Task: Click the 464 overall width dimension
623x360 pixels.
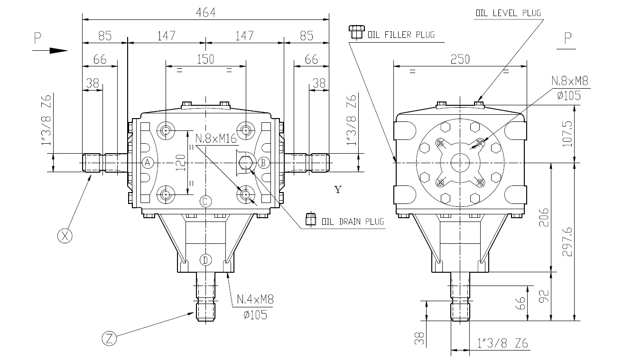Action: (x=205, y=13)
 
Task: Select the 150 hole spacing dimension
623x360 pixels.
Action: (x=205, y=59)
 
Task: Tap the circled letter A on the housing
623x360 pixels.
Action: (x=148, y=163)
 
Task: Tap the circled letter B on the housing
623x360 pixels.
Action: (x=263, y=163)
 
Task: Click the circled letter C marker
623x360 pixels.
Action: (x=205, y=202)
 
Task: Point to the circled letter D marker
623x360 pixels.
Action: (x=205, y=260)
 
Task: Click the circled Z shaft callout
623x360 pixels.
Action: (x=109, y=338)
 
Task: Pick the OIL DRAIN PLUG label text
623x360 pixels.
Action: (x=352, y=221)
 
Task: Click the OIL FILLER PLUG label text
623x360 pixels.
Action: (x=400, y=35)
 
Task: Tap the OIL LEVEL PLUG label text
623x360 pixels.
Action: (x=508, y=13)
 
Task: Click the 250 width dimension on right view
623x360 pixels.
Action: (x=460, y=59)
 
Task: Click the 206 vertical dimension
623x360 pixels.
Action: (x=544, y=217)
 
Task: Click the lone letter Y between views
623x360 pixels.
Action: (x=338, y=190)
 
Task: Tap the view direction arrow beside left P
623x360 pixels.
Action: (x=57, y=50)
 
